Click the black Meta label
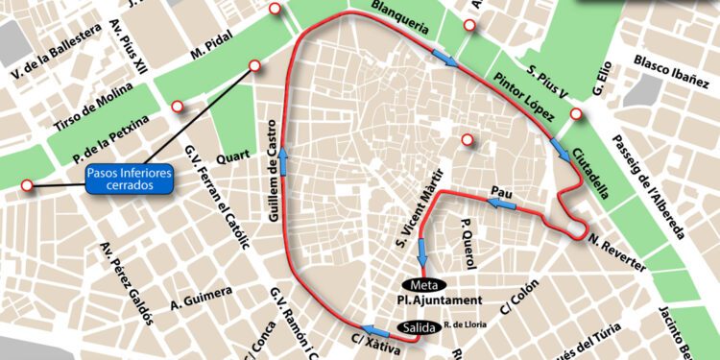click(423, 285)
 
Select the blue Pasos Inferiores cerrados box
click(130, 180)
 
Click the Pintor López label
click(525, 97)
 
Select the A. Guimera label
click(202, 299)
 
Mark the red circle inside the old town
click(468, 140)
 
